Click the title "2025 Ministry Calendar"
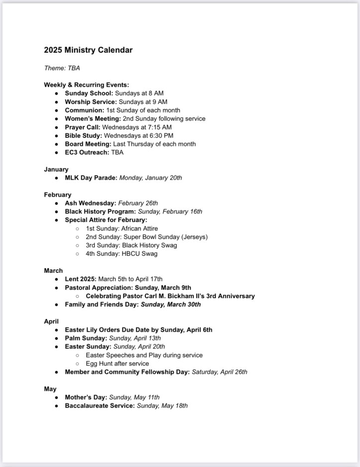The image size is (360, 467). [88, 50]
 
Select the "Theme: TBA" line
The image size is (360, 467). [62, 68]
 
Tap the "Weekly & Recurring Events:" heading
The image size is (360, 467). [86, 85]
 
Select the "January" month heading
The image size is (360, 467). [56, 169]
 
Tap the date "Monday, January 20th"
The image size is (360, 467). [151, 178]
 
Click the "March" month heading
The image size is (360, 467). [53, 271]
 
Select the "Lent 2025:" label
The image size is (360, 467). [81, 279]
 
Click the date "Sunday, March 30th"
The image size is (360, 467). [171, 305]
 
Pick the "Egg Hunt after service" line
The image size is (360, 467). [117, 363]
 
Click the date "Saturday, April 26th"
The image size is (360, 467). [220, 372]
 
